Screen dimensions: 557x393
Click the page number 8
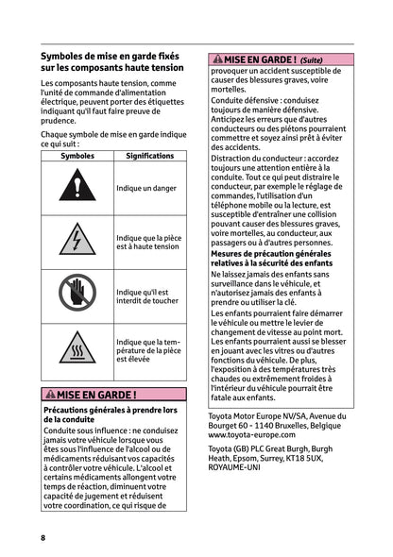[43, 537]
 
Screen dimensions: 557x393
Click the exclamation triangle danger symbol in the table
[76, 188]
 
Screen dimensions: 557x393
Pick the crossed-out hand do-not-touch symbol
[76, 295]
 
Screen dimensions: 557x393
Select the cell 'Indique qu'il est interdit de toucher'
[143, 296]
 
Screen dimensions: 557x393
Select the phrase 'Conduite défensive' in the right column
[247, 103]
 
